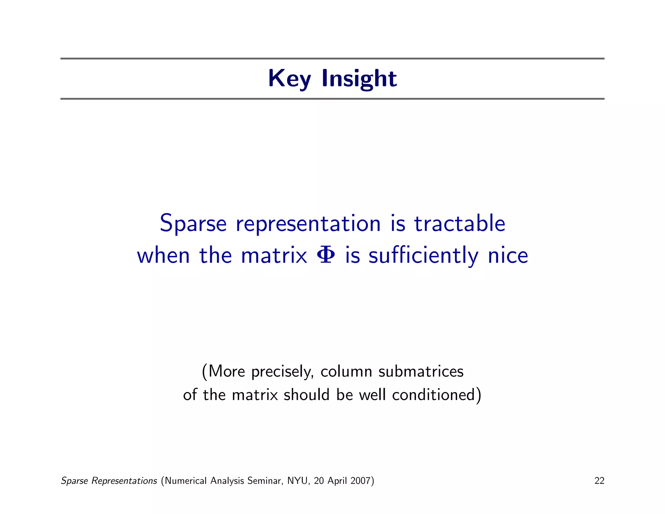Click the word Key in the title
click(x=289, y=79)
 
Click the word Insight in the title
click(x=359, y=79)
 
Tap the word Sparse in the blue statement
click(x=193, y=224)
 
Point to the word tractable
click(x=459, y=224)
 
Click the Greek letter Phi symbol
click(x=325, y=255)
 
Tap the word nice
click(x=508, y=255)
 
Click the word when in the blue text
click(x=163, y=255)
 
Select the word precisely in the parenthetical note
click(x=282, y=372)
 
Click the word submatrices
click(x=421, y=371)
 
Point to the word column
click(x=346, y=371)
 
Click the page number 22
click(x=599, y=481)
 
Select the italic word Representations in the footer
click(x=124, y=481)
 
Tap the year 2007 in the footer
click(x=360, y=481)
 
